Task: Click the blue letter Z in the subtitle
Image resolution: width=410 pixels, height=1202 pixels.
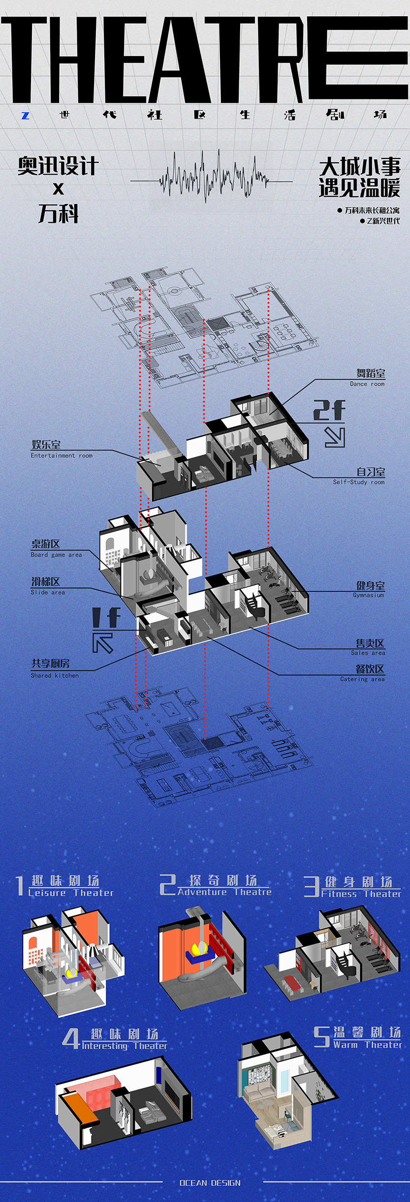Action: point(26,116)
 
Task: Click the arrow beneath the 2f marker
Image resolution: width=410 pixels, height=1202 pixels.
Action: point(335,437)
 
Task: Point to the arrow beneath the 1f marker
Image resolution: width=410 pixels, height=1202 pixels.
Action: point(102,643)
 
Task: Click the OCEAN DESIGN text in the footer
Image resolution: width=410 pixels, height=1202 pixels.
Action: point(210,1183)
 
